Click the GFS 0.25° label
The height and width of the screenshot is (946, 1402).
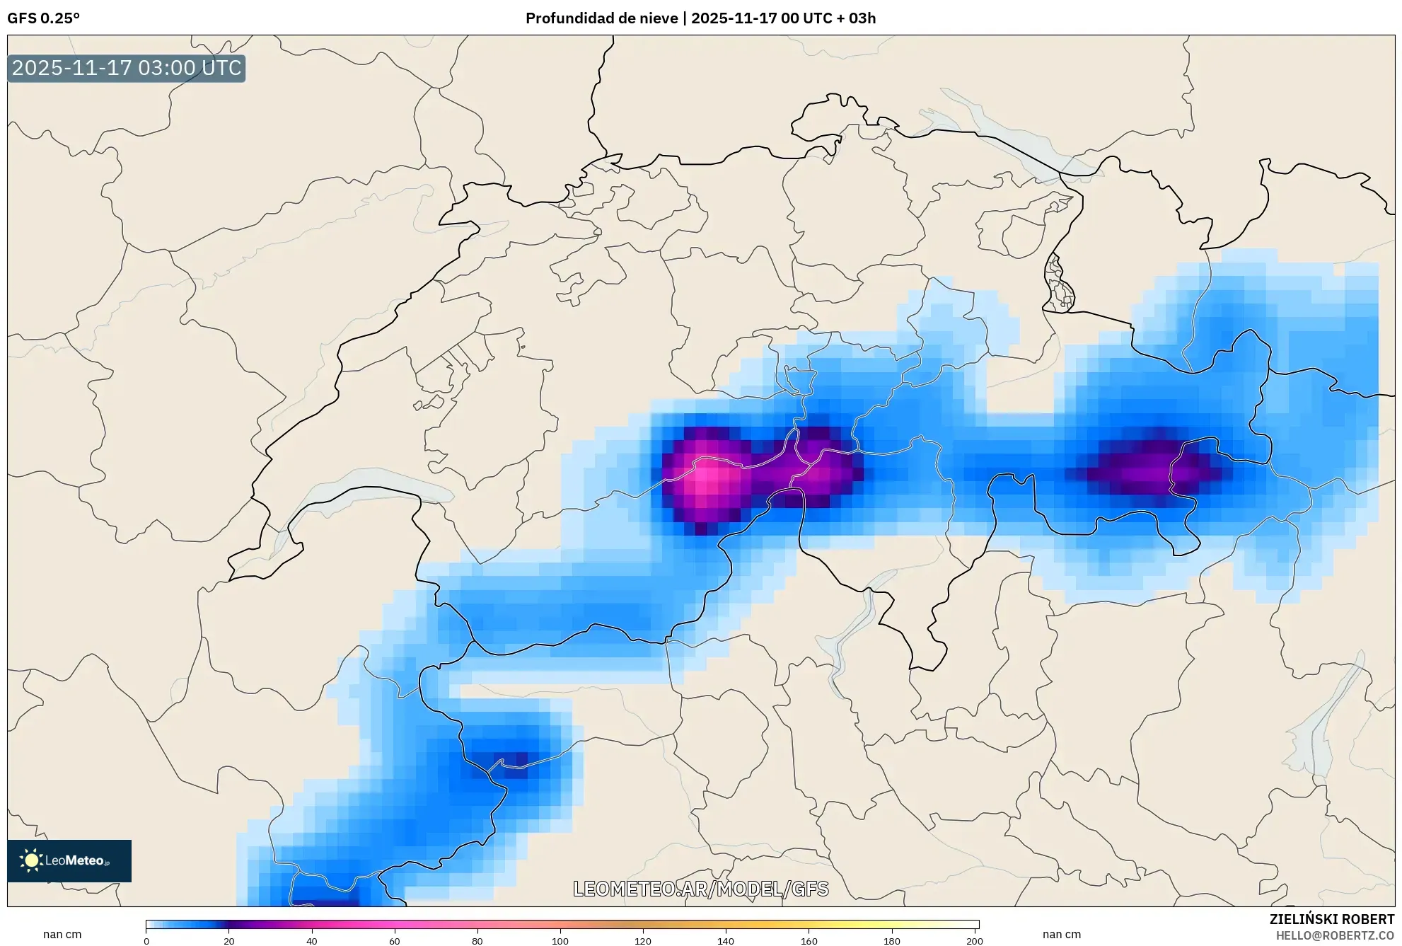click(43, 18)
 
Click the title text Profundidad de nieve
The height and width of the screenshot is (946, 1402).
click(601, 18)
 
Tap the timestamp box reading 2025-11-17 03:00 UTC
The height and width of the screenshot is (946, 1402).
click(127, 69)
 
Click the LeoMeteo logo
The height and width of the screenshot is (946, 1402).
click(69, 860)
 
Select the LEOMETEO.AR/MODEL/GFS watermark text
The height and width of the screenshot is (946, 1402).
click(700, 889)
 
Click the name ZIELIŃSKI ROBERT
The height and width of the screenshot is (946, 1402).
click(1331, 919)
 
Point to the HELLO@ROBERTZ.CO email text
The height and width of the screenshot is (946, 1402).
click(1334, 935)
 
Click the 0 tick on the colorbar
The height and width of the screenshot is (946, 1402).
click(146, 941)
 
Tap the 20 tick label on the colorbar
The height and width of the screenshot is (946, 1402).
click(228, 941)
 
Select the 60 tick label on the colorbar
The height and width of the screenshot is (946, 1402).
click(394, 941)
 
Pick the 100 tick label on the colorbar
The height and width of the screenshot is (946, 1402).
click(560, 941)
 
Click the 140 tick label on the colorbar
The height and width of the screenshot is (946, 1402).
click(725, 941)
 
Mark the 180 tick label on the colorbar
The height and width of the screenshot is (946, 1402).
click(891, 941)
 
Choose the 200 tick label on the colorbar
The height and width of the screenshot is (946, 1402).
click(974, 941)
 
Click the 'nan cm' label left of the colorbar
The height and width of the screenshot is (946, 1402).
click(62, 934)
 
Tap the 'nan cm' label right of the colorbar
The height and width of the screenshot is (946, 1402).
click(1061, 934)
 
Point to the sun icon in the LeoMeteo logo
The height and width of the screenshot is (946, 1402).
click(31, 860)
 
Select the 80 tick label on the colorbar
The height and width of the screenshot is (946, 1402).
click(477, 941)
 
